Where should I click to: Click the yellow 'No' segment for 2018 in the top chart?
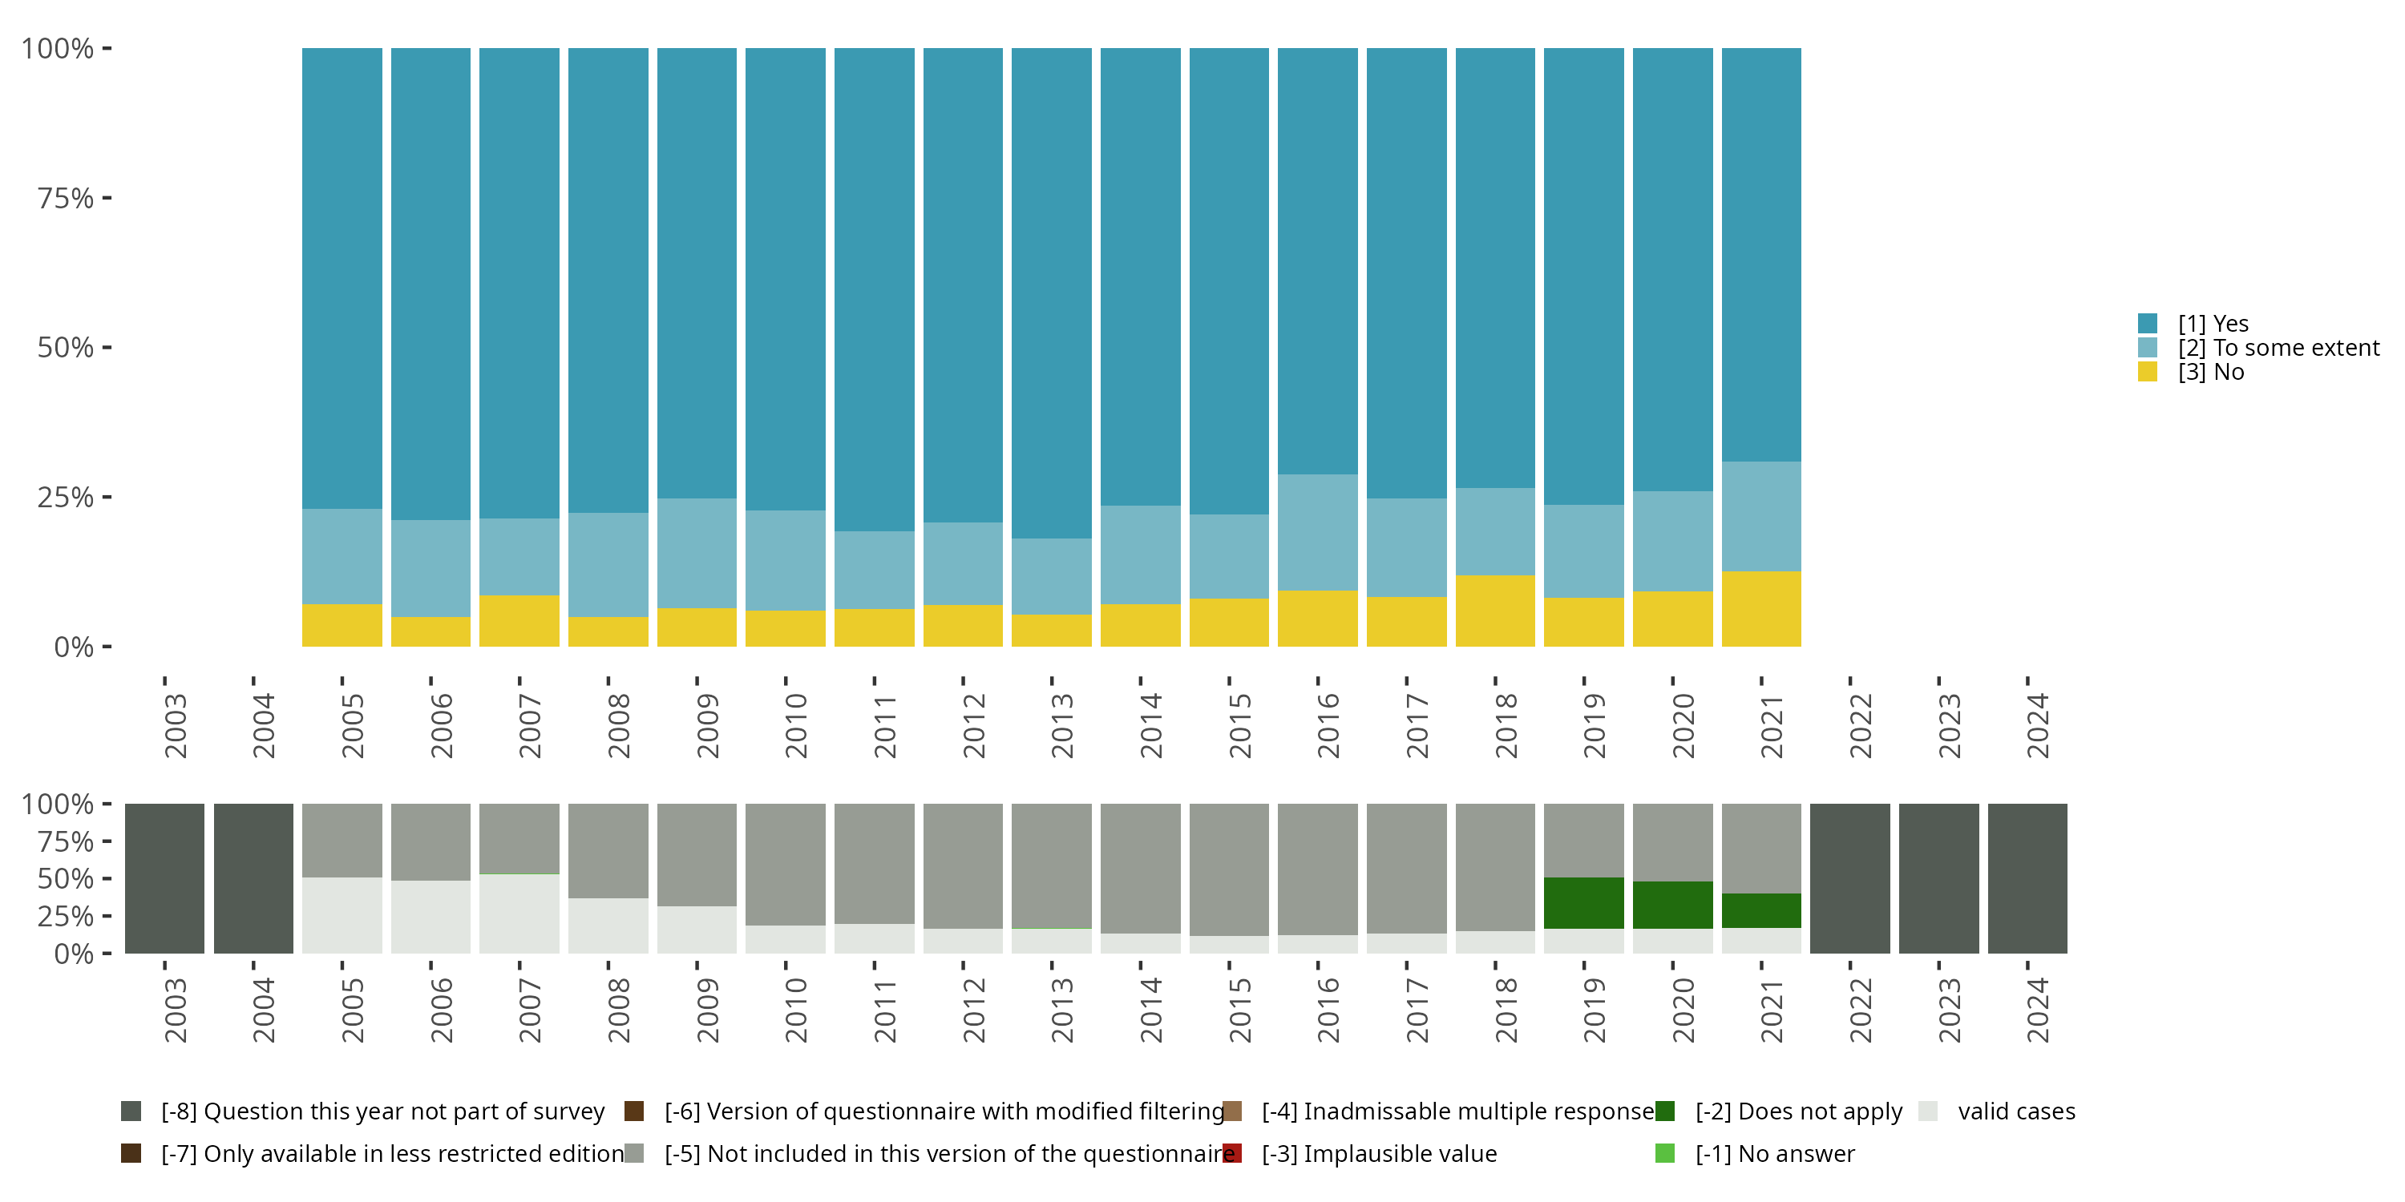click(1495, 611)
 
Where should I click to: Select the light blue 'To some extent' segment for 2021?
click(1760, 516)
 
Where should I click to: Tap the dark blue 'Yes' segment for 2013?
click(1051, 293)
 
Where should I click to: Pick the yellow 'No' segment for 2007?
click(519, 620)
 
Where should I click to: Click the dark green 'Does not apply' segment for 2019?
click(1583, 902)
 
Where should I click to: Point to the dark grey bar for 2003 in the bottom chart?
click(164, 878)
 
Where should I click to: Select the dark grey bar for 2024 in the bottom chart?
click(2027, 878)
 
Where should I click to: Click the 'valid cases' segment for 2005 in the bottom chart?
click(342, 914)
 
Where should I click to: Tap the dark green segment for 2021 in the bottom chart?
click(1760, 910)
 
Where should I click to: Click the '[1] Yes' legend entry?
click(2213, 324)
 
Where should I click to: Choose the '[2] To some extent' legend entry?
click(2278, 348)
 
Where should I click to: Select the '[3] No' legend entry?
click(2210, 373)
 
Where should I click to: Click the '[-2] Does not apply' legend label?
click(1798, 1111)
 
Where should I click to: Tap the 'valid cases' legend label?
click(2015, 1111)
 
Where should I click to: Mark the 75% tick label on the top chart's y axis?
click(66, 198)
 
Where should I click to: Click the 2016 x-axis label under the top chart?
click(1328, 725)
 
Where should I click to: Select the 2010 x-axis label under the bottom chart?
click(795, 1010)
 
